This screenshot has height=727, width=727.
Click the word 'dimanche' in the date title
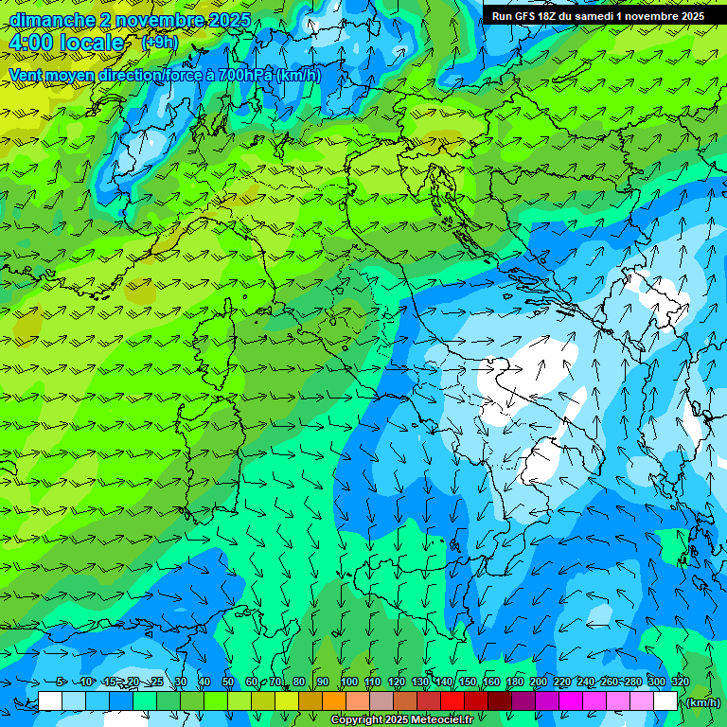click(x=52, y=20)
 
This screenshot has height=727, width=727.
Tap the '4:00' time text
click(x=31, y=43)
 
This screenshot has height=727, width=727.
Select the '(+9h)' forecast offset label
click(x=159, y=42)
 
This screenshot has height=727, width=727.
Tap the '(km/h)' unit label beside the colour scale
click(x=703, y=702)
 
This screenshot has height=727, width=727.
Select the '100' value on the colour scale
click(x=349, y=683)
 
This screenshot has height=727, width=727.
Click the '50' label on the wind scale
click(x=228, y=683)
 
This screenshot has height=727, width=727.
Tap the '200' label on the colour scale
click(x=539, y=683)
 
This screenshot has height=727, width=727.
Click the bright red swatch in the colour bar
click(x=452, y=701)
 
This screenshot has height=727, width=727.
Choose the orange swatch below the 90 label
click(x=333, y=701)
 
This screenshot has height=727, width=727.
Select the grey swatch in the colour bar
click(x=381, y=701)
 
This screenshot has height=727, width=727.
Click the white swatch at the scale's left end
click(x=50, y=701)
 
